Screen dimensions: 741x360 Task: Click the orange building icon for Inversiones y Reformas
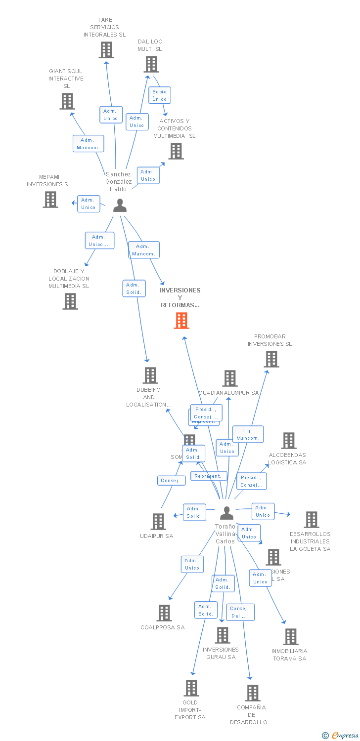181,321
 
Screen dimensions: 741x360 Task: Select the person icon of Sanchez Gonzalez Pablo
120,205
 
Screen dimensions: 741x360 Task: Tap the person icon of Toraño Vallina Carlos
226,513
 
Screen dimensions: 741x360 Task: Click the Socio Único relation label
160,95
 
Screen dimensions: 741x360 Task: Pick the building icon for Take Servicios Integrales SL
106,50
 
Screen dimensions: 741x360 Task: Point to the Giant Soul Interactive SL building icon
67,101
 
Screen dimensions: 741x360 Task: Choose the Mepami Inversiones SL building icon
50,200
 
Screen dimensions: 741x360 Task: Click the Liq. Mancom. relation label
248,434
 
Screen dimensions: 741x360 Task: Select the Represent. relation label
209,476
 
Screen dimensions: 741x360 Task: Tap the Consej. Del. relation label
240,612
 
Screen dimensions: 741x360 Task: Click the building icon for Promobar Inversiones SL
271,359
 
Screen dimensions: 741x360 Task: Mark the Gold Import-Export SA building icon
191,688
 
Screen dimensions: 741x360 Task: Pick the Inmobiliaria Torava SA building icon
291,637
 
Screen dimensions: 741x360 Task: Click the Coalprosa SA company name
162,627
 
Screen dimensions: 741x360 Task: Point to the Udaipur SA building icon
158,521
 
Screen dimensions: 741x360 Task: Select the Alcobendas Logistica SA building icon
289,440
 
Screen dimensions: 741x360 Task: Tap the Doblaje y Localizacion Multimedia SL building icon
70,301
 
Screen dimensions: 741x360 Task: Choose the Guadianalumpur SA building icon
230,378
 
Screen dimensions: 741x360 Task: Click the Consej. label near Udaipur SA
172,480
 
